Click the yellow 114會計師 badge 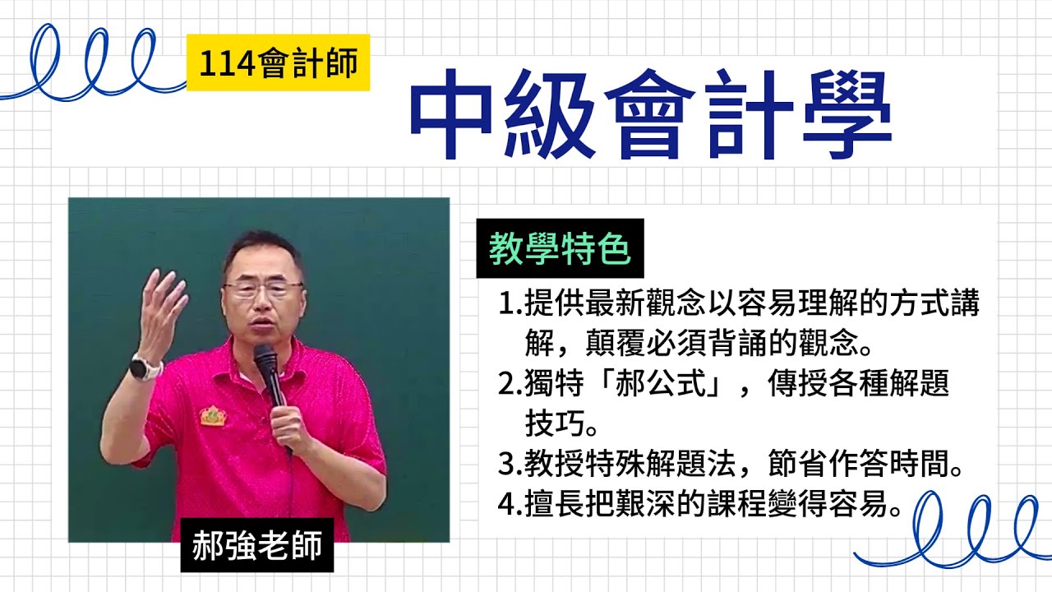pyautogui.click(x=278, y=62)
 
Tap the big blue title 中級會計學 pyautogui.click(x=650, y=115)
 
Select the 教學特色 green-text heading pyautogui.click(x=560, y=248)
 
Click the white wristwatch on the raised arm pyautogui.click(x=145, y=368)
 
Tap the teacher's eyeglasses pyautogui.click(x=262, y=289)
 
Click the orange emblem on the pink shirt pyautogui.click(x=213, y=415)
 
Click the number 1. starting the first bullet pyautogui.click(x=509, y=305)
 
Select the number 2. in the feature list pyautogui.click(x=509, y=384)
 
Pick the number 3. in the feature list pyautogui.click(x=509, y=466)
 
